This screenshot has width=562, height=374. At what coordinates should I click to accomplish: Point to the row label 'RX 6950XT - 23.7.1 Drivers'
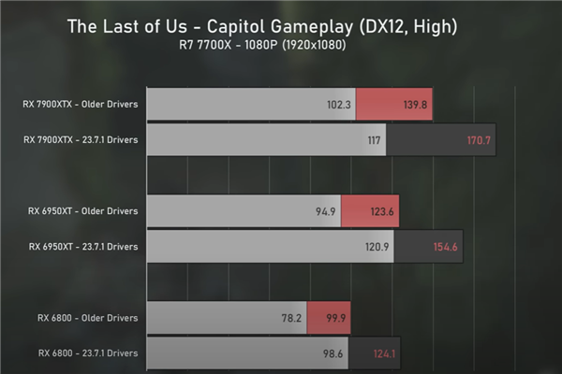tap(83, 246)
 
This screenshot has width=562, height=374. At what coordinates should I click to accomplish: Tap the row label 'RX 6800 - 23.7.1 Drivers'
tap(89, 352)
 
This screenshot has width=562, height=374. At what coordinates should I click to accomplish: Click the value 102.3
tap(339, 104)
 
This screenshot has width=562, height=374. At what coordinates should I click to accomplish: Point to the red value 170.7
tap(480, 139)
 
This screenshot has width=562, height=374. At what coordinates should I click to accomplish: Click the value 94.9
tap(326, 210)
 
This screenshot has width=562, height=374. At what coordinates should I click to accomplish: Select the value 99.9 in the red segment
tap(334, 317)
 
